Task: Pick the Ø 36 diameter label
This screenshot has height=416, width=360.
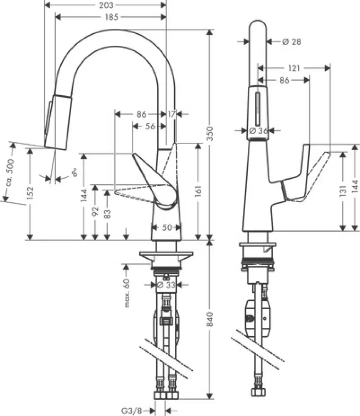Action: click(258, 131)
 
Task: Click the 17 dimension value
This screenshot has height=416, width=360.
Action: click(172, 113)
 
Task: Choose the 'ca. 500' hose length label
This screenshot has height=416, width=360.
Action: click(10, 173)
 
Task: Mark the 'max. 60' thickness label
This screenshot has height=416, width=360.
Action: click(127, 293)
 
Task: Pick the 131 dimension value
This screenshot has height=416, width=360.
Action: click(343, 193)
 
